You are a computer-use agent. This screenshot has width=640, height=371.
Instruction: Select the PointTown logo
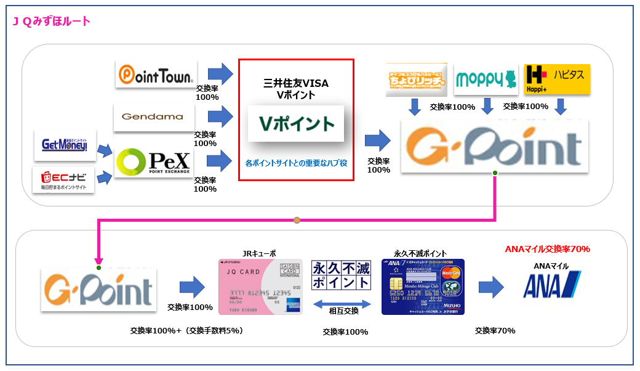[156, 74]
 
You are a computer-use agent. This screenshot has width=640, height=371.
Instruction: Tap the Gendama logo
[154, 116]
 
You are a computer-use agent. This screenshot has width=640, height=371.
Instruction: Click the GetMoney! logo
[65, 145]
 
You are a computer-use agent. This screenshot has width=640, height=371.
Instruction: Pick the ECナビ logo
[63, 179]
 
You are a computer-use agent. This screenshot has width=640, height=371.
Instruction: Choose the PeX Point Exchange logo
[154, 162]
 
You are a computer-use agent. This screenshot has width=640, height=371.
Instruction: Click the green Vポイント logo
[296, 123]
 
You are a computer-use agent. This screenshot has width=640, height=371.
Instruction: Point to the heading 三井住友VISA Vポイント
[296, 89]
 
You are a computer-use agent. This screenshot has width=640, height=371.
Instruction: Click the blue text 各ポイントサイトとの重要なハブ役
[296, 164]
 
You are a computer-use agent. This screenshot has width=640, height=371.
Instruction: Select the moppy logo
[486, 79]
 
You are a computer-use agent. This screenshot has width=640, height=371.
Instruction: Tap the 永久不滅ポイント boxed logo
[342, 275]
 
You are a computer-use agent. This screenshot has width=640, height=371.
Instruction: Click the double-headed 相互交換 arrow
[342, 303]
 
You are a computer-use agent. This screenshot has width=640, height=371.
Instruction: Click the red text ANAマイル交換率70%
[547, 249]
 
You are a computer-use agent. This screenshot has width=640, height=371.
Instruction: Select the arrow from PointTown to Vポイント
[220, 74]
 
